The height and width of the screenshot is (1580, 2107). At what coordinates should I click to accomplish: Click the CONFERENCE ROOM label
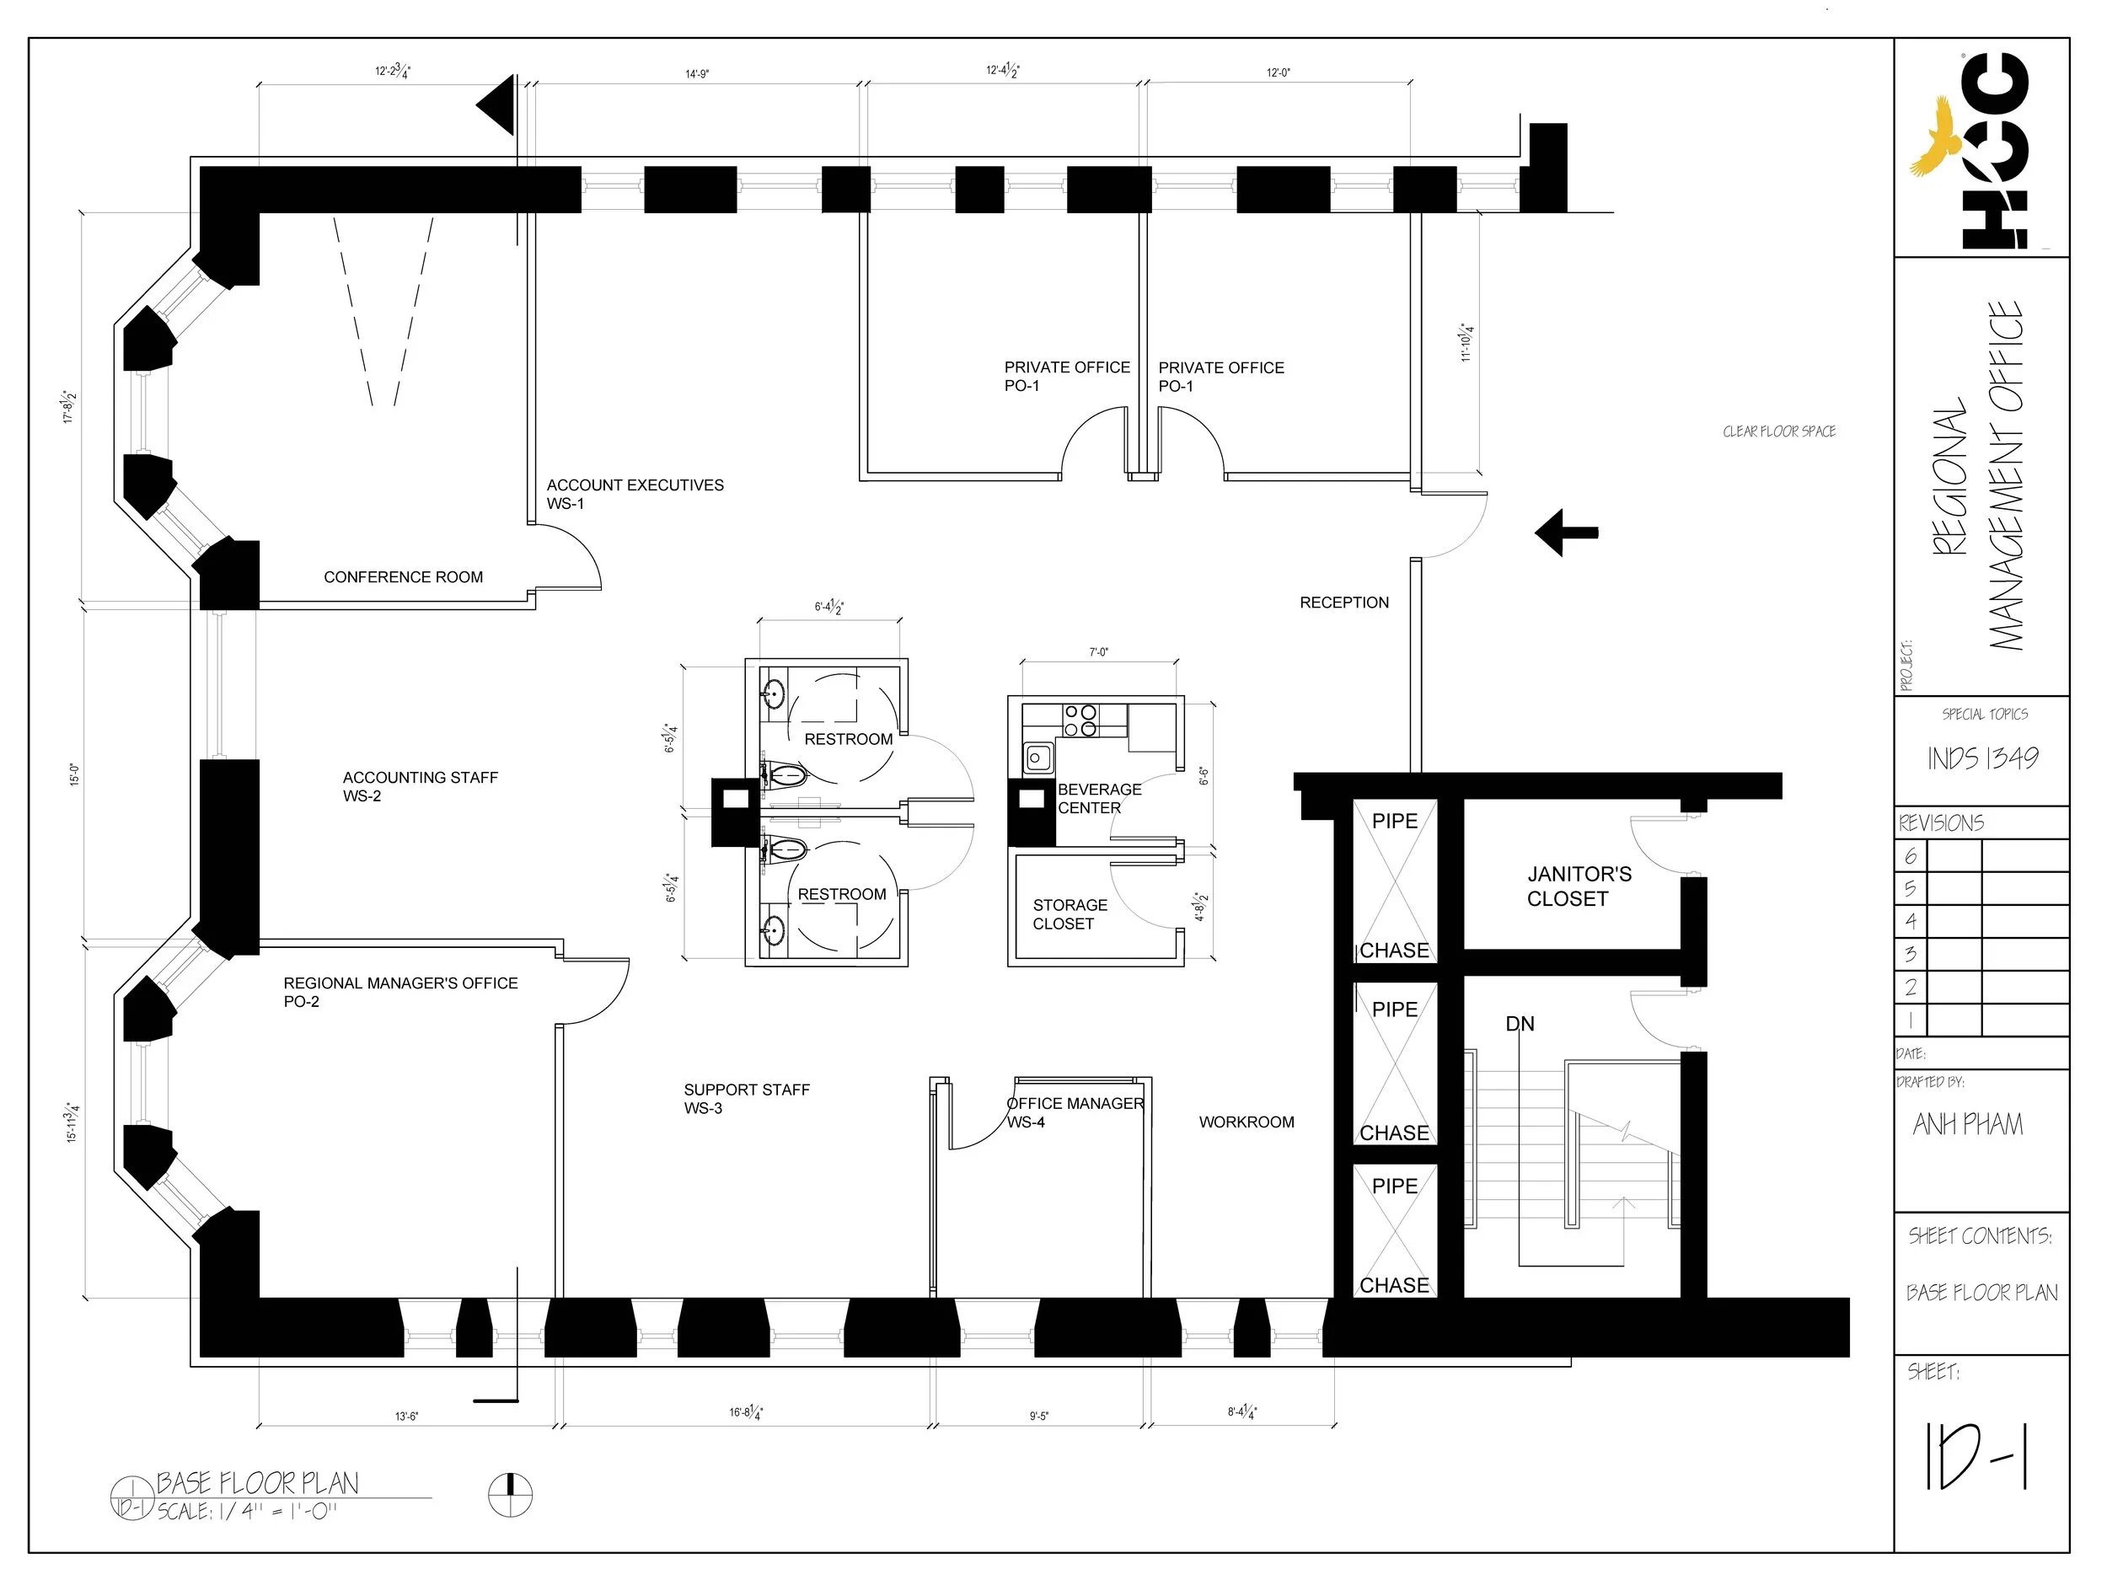tap(403, 577)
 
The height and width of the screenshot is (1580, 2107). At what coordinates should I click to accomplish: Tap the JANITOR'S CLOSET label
tap(1579, 886)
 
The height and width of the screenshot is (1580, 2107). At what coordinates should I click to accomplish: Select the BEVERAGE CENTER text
tap(1099, 798)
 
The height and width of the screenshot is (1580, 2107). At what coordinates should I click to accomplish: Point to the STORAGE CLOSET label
tap(1070, 914)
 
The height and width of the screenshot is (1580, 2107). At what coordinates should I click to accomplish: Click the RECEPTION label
tap(1344, 603)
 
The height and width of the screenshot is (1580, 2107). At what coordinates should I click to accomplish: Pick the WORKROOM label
tap(1246, 1122)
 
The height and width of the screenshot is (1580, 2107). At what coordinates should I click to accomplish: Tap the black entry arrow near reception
tap(1566, 533)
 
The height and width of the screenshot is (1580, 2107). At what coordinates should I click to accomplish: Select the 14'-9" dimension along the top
tap(697, 73)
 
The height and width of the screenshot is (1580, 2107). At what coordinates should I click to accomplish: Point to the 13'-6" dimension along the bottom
tap(407, 1417)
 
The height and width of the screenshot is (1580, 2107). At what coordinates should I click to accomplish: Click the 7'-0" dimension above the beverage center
tap(1098, 652)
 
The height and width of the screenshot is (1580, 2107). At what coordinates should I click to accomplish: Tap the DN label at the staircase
tap(1520, 1024)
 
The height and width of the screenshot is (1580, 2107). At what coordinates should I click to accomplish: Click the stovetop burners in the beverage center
tap(1080, 721)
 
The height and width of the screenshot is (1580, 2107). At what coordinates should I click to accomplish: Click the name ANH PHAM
tap(1968, 1125)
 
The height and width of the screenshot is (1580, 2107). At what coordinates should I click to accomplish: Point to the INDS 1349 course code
tap(1982, 758)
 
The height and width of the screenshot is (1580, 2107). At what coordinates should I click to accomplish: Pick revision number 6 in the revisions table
tap(1910, 856)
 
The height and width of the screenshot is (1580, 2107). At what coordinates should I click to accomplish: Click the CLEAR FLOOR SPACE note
tap(1778, 431)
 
